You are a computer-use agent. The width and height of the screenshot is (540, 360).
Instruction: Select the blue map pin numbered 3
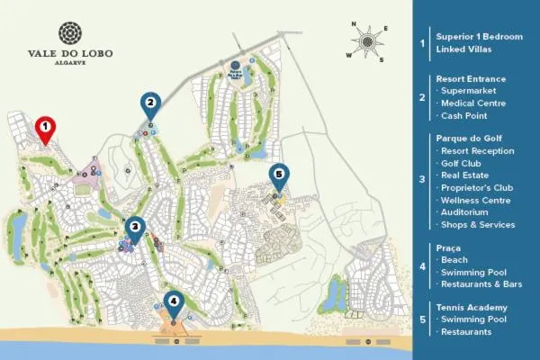tap(134, 228)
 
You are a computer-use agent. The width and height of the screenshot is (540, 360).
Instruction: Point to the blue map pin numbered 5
tap(279, 175)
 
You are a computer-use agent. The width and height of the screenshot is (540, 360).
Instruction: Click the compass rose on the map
tap(367, 40)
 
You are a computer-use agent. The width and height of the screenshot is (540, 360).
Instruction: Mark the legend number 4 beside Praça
tap(422, 265)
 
